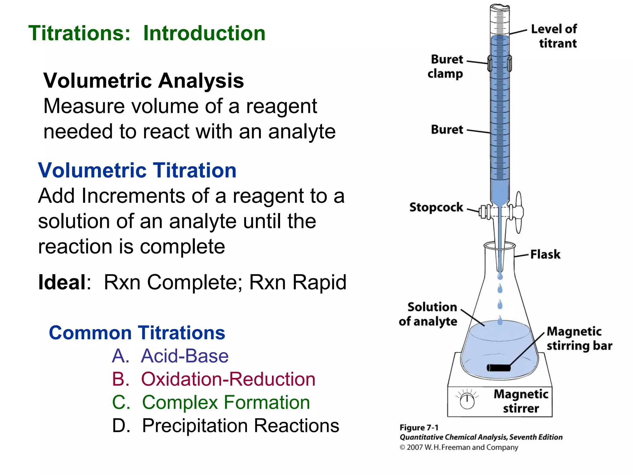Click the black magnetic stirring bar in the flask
coord(499,368)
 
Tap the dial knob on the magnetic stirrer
coord(467,401)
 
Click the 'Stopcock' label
coord(436,207)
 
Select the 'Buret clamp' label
coord(446,66)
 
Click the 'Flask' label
coord(545,255)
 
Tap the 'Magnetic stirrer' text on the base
coord(521,401)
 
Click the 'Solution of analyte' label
coord(428,314)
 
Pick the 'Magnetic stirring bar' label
coord(579,339)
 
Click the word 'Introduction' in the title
coord(204,33)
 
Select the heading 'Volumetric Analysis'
coord(144,81)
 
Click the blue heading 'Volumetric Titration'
coord(137,170)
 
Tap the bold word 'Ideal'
coord(62,282)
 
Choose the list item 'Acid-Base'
coord(185,356)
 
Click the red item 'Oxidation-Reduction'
coord(228,379)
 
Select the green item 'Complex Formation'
coord(226,402)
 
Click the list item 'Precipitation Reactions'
coord(240,426)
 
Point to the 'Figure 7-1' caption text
coord(419,428)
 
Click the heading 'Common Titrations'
coord(137,333)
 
